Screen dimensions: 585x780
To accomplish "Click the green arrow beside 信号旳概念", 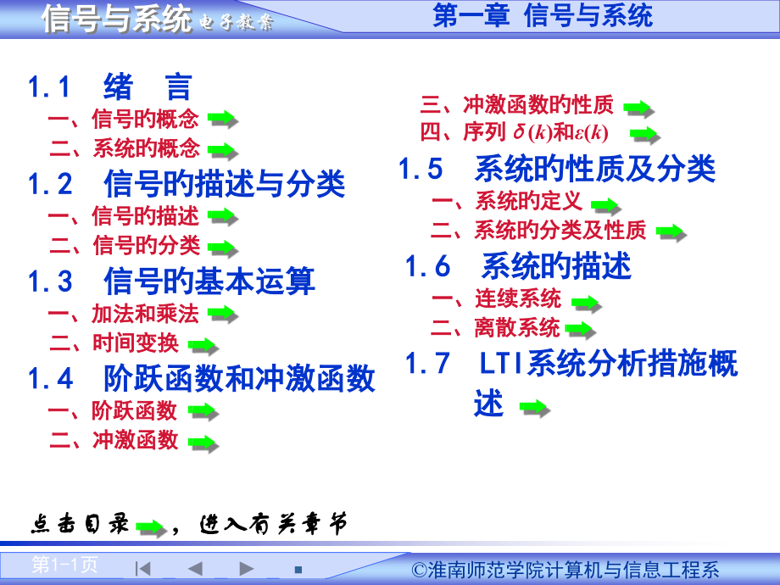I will coord(223,119).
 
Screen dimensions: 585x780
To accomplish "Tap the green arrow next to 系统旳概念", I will coord(223,150).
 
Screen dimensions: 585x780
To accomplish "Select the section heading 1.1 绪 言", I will coord(110,87).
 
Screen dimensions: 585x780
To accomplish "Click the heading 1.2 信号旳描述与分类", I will coord(187,183).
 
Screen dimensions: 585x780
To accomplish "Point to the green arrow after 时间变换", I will coord(203,345).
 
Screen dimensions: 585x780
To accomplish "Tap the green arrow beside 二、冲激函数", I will coord(203,443).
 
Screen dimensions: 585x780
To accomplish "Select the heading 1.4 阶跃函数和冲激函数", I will coord(202,378).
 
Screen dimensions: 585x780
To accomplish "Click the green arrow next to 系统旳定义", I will coord(606,204).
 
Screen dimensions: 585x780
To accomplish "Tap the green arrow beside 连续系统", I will coord(586,302).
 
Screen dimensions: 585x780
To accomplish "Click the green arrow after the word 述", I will coord(534,409).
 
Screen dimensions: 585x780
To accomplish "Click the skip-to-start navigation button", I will coord(143,567).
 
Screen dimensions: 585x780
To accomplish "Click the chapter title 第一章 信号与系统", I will coord(543,16).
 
